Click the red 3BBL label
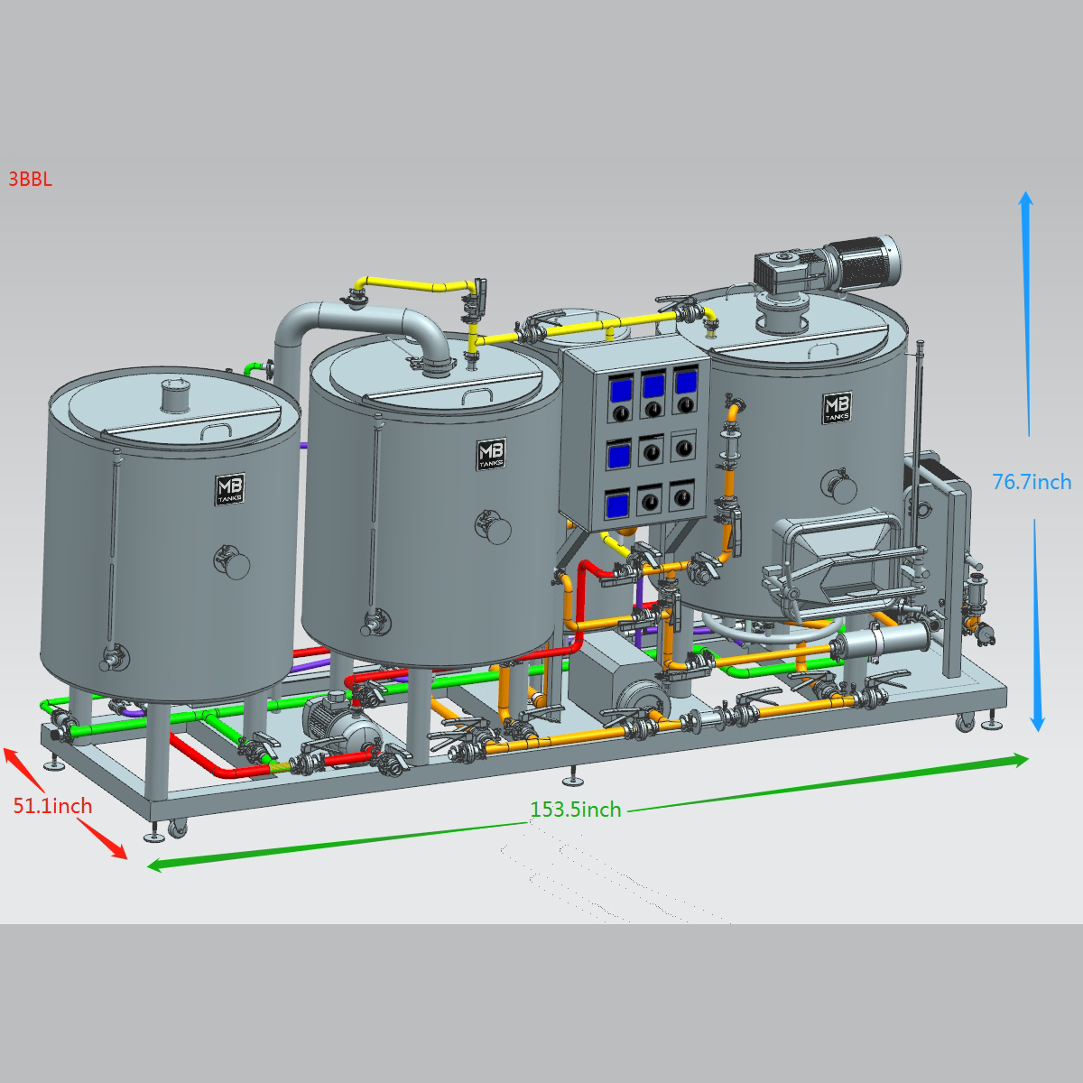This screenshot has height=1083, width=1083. coord(31,180)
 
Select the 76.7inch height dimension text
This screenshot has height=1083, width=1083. coord(1032,482)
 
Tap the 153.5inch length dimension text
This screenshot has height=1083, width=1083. coord(576,810)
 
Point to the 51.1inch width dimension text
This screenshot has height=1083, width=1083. coord(53,806)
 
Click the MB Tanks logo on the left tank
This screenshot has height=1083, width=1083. coord(230,489)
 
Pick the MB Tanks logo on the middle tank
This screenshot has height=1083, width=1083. coord(491,454)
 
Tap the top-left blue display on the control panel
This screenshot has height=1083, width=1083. coord(619,389)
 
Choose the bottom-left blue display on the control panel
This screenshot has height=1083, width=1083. coord(617,505)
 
